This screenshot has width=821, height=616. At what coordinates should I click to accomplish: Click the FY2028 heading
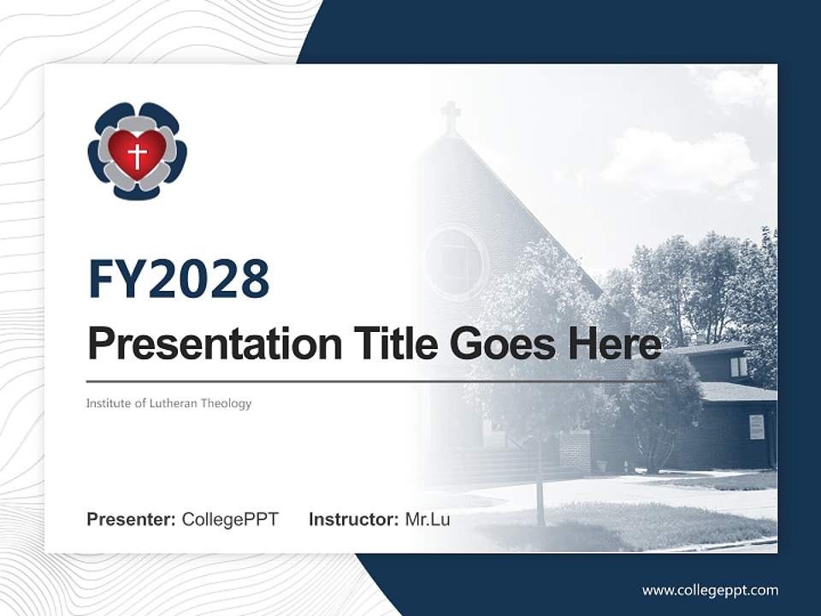coord(179,279)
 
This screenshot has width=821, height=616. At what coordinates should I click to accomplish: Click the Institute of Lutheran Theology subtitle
coord(168,403)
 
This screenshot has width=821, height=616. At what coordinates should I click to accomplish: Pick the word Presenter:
coord(132,519)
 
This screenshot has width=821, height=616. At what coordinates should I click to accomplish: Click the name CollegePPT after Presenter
coord(230,519)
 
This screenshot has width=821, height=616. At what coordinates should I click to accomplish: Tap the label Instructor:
coord(353,519)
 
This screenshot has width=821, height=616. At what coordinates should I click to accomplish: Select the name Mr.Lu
coord(428,519)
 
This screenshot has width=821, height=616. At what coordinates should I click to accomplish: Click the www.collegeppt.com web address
coord(710,589)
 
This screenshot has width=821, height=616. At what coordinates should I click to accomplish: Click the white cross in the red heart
coord(137,156)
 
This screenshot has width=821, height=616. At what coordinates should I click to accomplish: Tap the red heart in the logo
coord(137,147)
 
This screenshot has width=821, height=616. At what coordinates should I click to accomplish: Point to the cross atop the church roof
coord(451,116)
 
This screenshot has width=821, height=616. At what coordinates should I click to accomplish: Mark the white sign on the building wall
coord(756,426)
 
